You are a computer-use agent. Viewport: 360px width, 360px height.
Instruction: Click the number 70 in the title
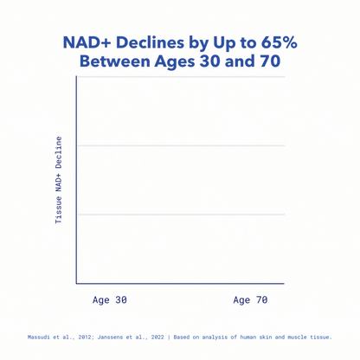click(x=267, y=62)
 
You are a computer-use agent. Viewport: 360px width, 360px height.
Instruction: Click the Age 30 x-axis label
click(x=110, y=299)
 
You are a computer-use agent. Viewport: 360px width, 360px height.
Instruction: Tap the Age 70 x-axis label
click(x=250, y=299)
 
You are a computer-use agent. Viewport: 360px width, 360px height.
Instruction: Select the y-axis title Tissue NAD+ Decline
click(x=59, y=180)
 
